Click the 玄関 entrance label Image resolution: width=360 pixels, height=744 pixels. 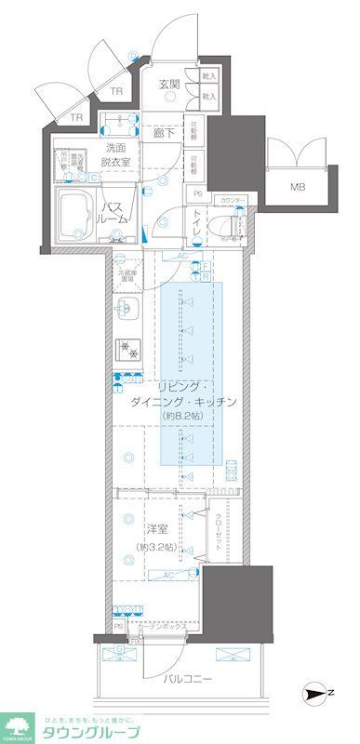(168, 85)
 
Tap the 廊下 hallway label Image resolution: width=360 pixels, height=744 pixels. (164, 132)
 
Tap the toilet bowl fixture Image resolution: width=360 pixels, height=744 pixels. (224, 224)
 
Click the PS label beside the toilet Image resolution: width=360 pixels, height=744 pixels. (198, 193)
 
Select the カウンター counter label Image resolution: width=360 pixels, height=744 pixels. (233, 200)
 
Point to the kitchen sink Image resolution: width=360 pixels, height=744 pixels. (128, 309)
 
